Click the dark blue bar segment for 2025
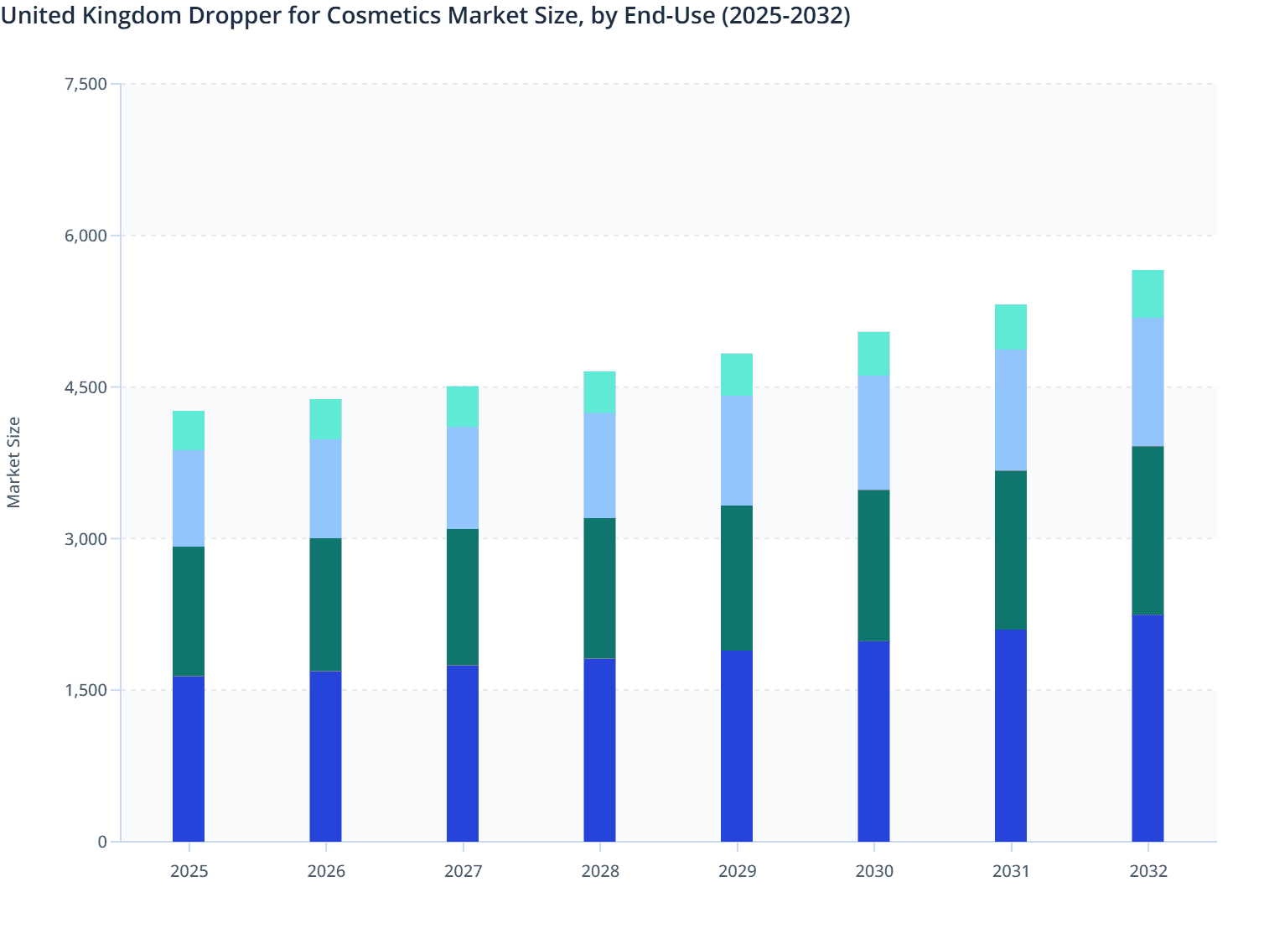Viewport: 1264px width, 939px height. coord(189,759)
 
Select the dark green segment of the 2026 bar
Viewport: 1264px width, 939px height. coord(325,604)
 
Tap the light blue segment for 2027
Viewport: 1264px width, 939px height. coord(463,478)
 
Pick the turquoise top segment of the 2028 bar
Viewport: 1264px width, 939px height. coord(599,392)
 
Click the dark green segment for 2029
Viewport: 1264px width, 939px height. coord(737,578)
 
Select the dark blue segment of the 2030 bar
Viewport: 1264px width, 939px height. coord(873,741)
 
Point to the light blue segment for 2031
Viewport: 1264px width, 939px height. coord(1011,410)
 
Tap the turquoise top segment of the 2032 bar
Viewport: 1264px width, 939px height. coord(1147,294)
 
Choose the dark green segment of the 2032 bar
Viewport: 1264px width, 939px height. coord(1147,531)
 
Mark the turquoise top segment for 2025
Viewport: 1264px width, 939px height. coord(189,431)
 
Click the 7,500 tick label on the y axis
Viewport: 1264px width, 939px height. coord(85,84)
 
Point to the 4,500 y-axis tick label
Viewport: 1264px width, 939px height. coord(85,387)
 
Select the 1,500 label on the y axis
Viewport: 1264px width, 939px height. coord(85,690)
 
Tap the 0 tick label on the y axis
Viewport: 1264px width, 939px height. coord(102,842)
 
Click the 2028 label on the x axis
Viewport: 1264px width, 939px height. coord(599,871)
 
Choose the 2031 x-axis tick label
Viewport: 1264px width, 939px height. coord(1011,871)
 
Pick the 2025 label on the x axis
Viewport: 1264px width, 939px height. coord(189,871)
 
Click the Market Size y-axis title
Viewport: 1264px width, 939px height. coord(14,462)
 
